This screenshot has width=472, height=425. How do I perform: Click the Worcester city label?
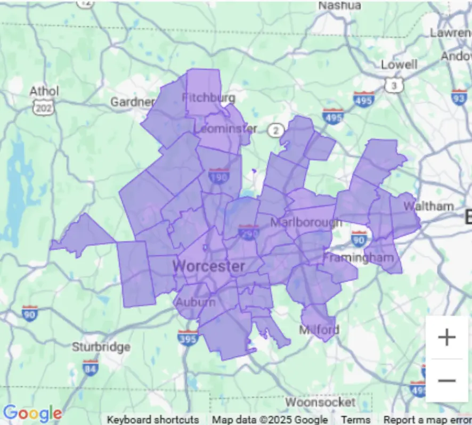(x=209, y=266)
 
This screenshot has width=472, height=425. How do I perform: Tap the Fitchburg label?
(x=208, y=98)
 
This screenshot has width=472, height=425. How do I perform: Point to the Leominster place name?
(x=225, y=129)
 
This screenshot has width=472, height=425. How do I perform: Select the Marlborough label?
(x=305, y=222)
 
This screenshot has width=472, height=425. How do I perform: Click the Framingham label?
(x=362, y=258)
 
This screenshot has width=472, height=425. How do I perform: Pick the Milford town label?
(x=319, y=330)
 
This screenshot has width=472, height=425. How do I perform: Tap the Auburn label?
(x=196, y=303)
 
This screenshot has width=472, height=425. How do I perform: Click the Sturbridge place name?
(x=101, y=347)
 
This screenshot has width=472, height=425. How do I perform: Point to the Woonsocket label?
(x=320, y=402)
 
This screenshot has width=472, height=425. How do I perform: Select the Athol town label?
(x=44, y=91)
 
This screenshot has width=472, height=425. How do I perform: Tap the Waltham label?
(x=428, y=206)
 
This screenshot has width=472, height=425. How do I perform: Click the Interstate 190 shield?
(x=219, y=176)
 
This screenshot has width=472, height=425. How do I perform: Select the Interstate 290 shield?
(x=248, y=232)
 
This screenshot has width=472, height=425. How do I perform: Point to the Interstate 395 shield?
(x=188, y=338)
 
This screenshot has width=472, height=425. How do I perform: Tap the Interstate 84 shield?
(x=91, y=367)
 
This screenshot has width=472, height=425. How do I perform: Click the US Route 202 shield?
(x=42, y=108)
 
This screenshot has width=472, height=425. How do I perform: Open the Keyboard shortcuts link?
(x=153, y=420)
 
